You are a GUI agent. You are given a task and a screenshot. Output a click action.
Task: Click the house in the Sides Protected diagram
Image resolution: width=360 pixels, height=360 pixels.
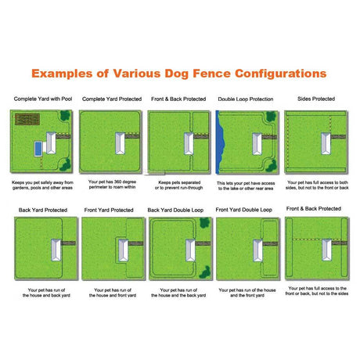322,144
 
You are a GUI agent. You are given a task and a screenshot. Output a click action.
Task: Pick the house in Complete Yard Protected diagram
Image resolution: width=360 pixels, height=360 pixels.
118,144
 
